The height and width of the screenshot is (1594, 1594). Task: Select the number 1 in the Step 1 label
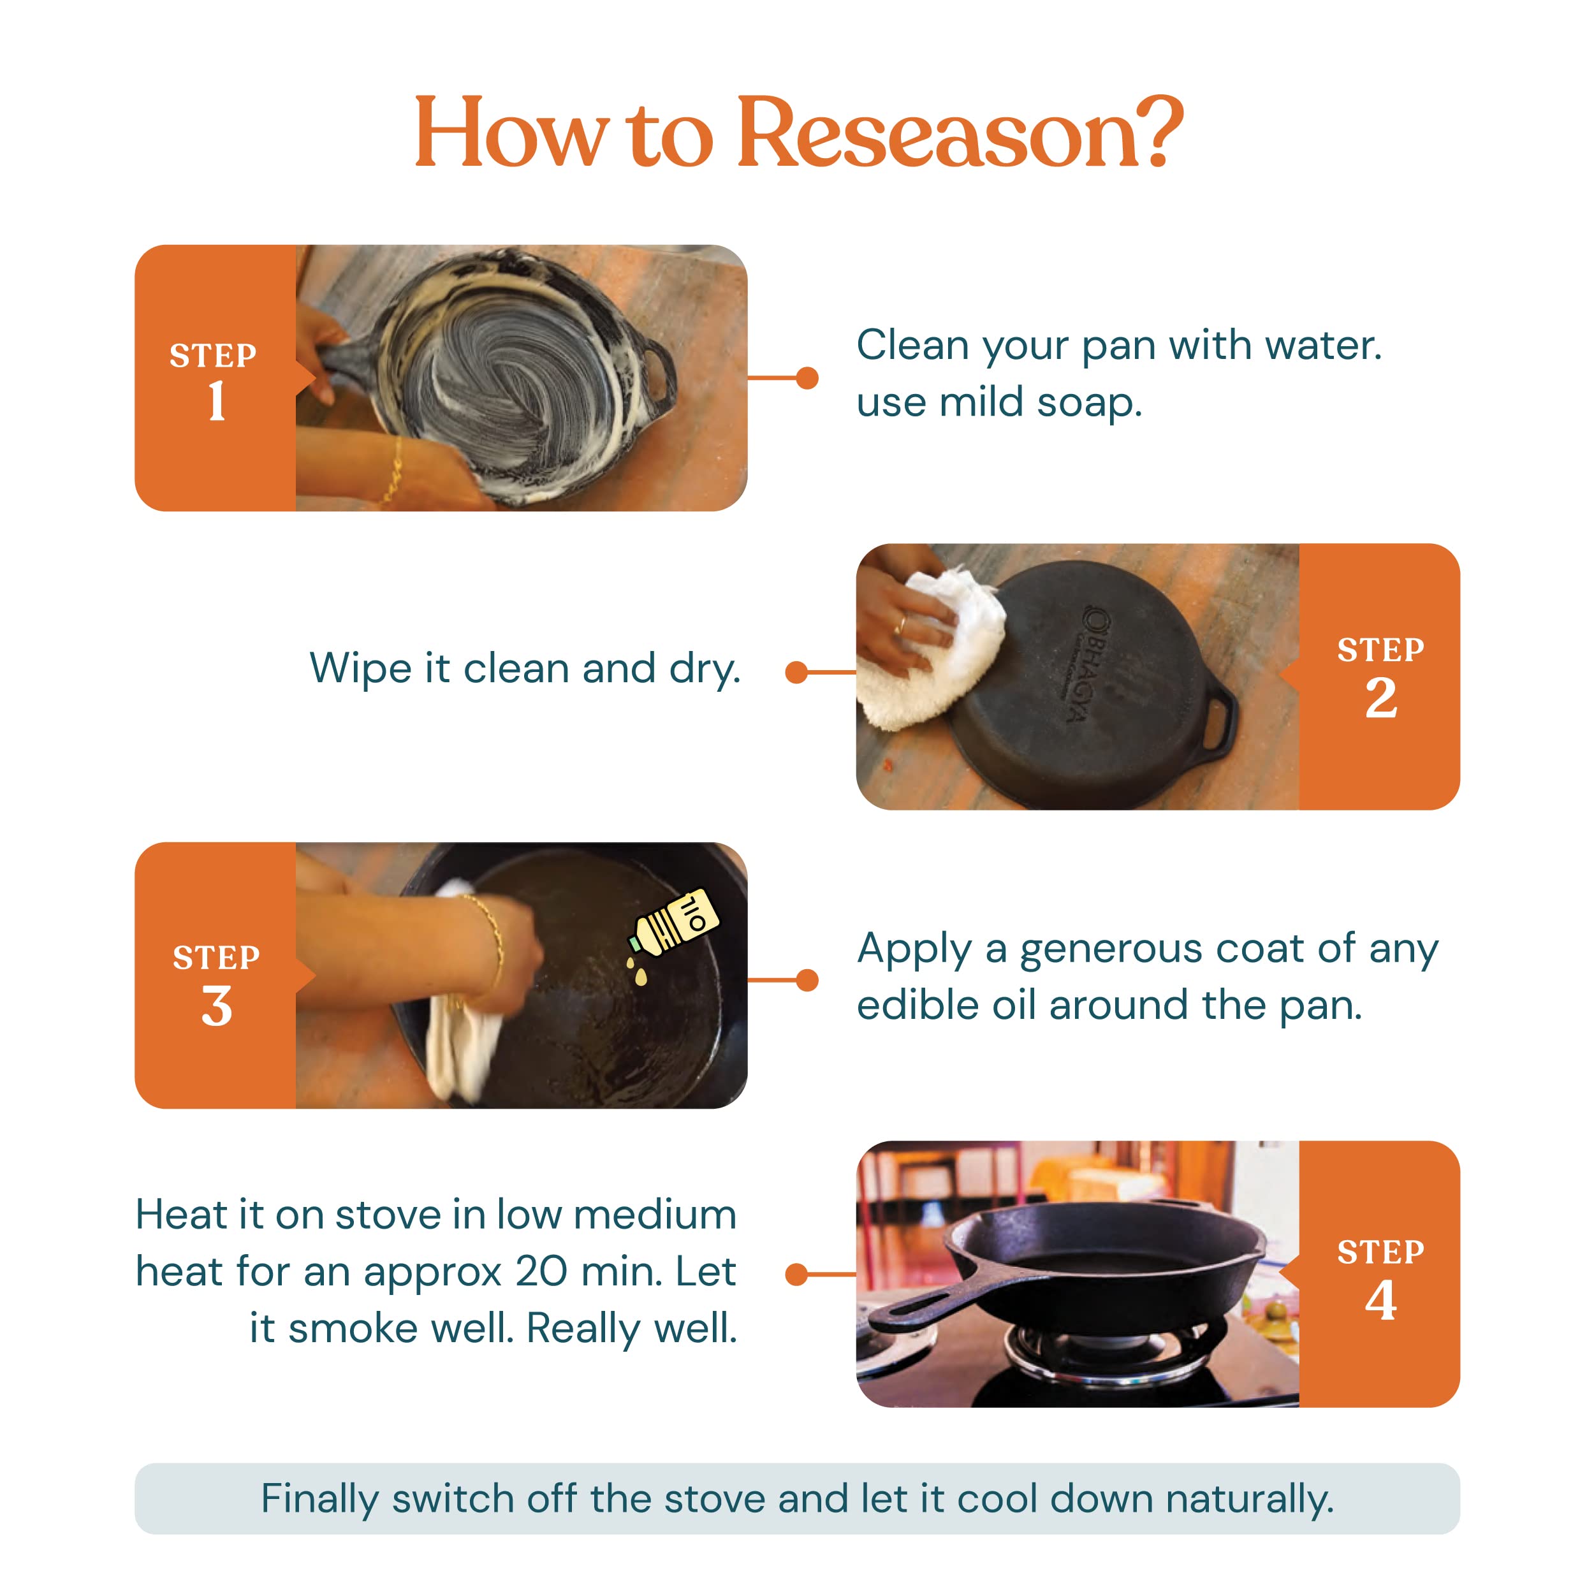[x=217, y=401]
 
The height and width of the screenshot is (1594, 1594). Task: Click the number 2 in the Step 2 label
[x=1381, y=698]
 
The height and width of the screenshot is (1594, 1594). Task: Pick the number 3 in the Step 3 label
[x=217, y=1007]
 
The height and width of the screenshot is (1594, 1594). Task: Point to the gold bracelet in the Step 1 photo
[x=393, y=472]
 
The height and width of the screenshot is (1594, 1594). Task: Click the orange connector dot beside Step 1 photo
[x=807, y=378]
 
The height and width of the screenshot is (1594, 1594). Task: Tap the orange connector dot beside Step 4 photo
[x=796, y=1275]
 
